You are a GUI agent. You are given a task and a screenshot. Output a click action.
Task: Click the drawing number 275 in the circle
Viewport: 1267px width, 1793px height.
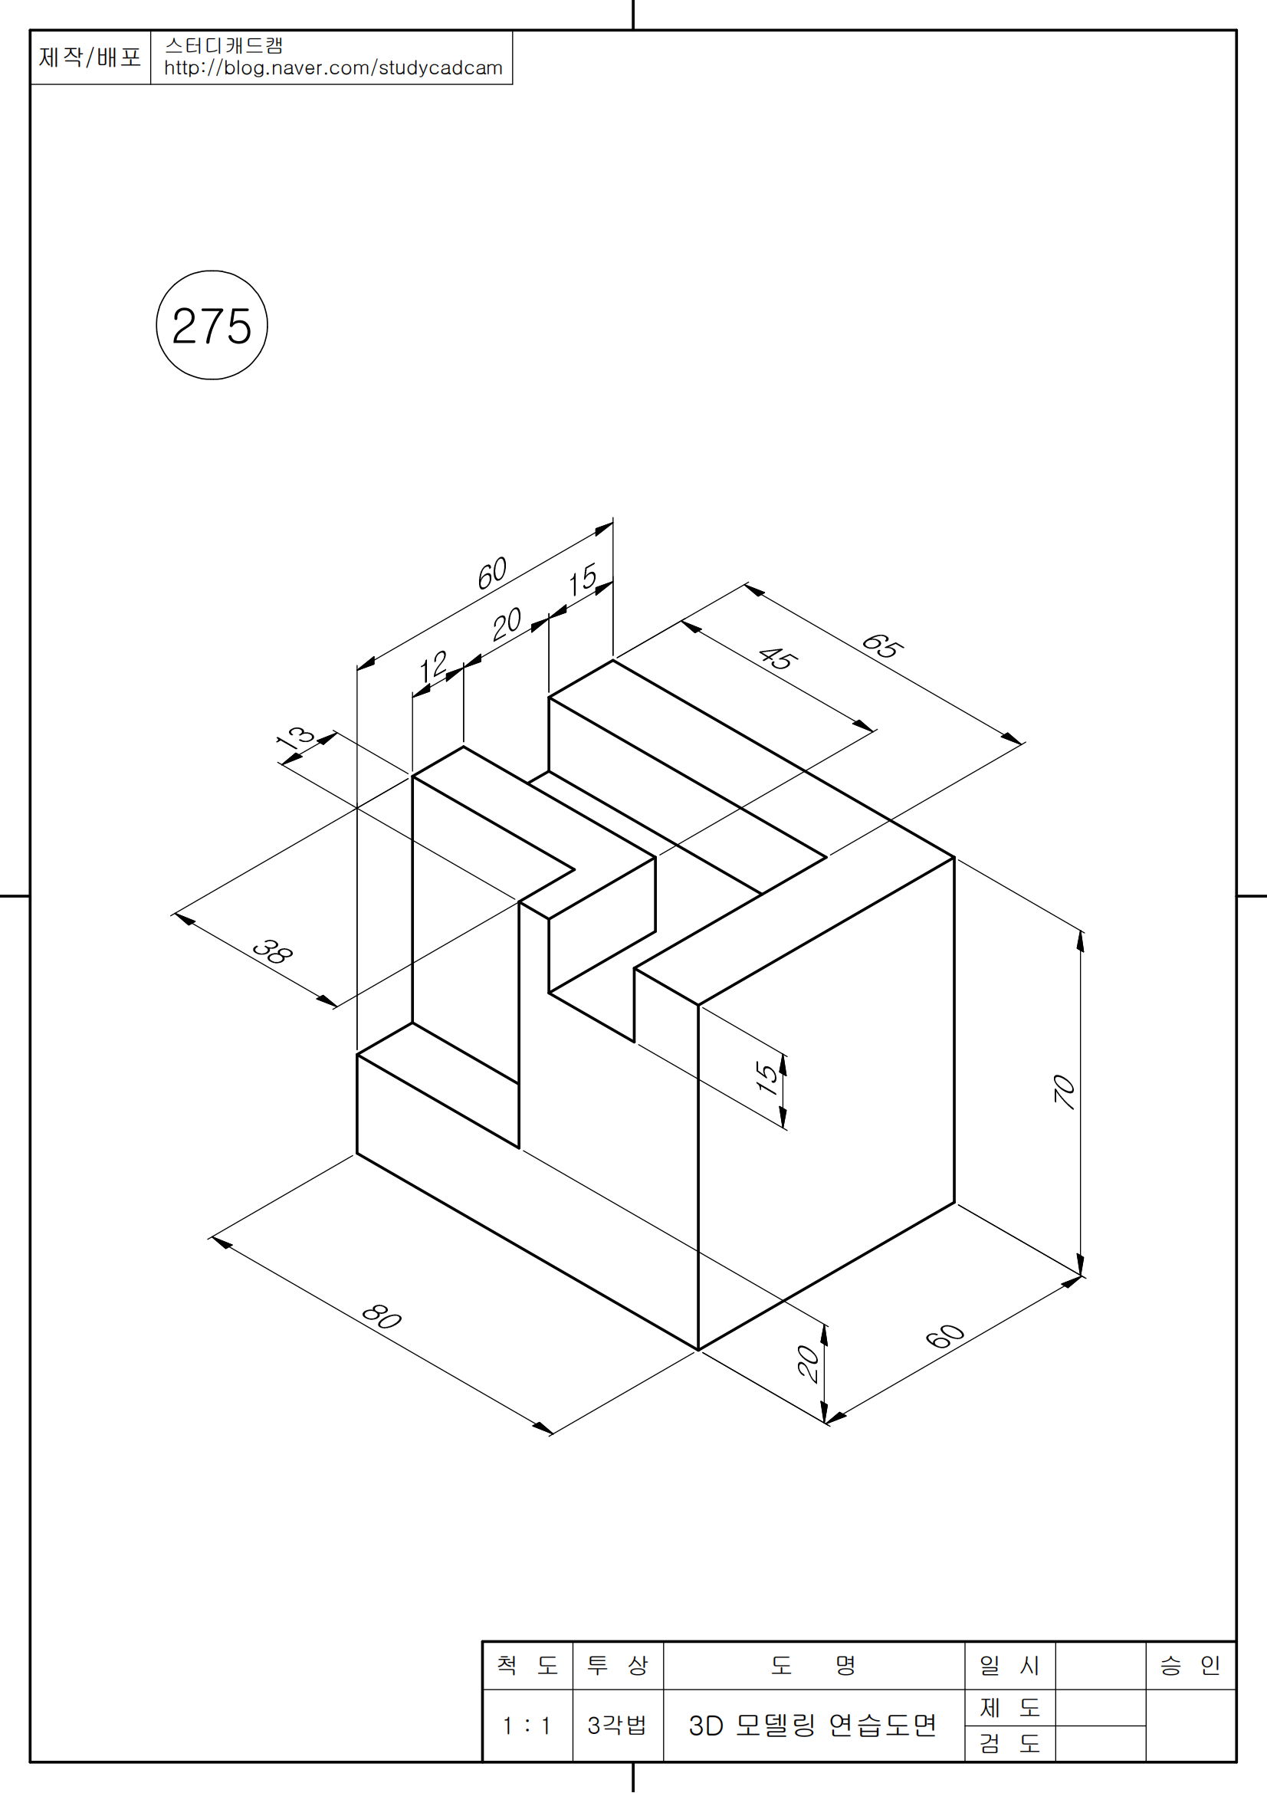coord(212,326)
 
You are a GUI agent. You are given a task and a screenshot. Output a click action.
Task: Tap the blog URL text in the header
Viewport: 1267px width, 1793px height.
coord(333,68)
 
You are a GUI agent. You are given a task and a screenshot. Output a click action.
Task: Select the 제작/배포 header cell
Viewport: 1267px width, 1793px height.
coord(90,57)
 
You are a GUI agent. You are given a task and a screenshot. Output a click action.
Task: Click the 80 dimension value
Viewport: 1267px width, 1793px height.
coord(382,1316)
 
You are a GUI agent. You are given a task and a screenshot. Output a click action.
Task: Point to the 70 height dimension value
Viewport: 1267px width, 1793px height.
coord(1065,1092)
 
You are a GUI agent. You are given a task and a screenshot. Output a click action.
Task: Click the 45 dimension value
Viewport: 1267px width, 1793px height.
coord(778,658)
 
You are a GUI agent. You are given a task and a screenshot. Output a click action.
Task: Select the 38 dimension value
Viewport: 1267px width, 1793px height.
coord(273,951)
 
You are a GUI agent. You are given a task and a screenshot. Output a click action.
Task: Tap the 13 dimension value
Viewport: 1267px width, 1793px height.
coord(295,737)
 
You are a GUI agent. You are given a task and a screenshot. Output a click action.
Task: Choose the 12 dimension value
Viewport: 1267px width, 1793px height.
coord(433,667)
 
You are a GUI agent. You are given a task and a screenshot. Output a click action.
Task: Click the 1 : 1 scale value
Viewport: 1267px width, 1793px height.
coord(527,1725)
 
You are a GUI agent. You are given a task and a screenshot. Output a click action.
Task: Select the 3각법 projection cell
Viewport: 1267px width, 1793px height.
coord(618,1724)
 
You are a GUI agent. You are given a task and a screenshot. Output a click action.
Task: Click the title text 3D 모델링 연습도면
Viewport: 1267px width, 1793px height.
coord(812,1724)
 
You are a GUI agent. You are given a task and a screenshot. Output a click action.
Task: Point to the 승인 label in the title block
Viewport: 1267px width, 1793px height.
coord(1190,1665)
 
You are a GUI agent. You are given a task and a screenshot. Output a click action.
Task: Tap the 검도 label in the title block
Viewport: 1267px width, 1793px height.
coord(1010,1743)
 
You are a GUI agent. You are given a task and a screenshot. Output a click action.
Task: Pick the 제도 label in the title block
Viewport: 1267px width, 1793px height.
coord(1010,1707)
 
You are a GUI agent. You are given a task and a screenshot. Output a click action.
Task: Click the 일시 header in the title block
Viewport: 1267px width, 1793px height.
coord(1010,1665)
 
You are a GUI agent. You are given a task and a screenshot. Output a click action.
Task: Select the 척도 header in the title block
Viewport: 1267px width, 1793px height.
coord(527,1665)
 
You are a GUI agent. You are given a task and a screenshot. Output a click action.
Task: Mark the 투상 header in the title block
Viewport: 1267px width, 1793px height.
coord(618,1665)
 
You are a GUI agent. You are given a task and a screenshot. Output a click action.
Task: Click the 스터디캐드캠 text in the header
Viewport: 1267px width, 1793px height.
coord(224,45)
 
